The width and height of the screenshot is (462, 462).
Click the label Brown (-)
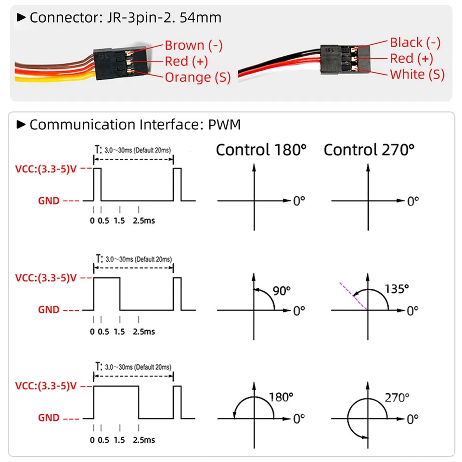193,46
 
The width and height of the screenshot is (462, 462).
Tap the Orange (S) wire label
197,77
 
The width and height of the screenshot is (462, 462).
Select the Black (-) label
415,42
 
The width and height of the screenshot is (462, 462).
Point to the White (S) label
417,74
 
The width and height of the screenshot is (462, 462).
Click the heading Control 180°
261,150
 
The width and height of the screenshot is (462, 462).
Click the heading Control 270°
369,150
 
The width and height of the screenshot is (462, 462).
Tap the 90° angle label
282,290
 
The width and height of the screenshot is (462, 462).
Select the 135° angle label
397,288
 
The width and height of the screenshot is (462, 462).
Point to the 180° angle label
281,397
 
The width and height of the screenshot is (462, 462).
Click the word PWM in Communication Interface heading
225,125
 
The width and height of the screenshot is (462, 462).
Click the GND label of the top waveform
49,201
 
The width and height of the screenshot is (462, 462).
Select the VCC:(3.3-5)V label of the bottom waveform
46,386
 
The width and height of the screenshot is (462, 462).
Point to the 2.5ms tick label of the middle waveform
144,331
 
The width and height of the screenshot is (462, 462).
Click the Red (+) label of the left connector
187,62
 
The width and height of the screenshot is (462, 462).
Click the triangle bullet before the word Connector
21,18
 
